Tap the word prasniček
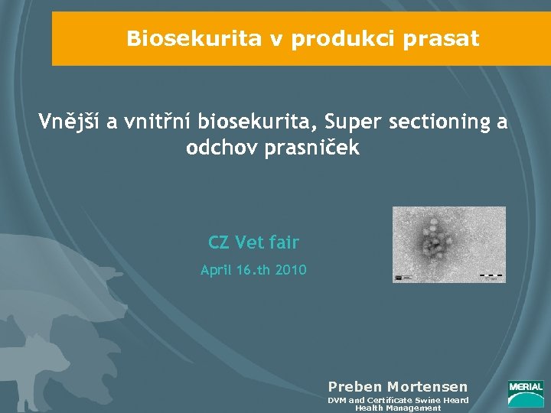(x=311, y=148)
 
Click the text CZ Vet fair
(x=253, y=243)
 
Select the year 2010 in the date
(x=290, y=269)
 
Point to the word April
(x=217, y=269)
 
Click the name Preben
(x=355, y=387)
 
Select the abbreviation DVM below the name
(x=337, y=400)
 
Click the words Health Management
(x=398, y=408)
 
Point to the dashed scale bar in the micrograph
(x=491, y=274)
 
